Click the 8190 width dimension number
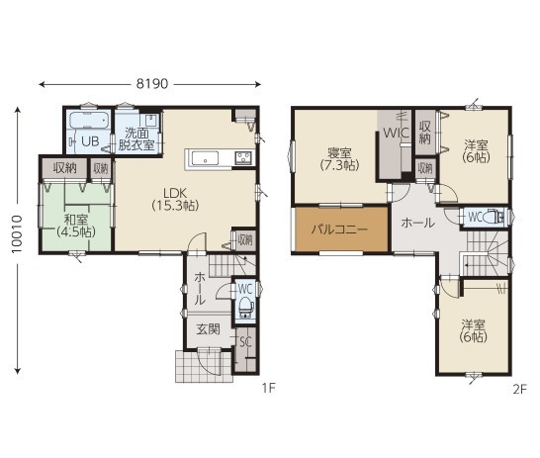click(x=152, y=84)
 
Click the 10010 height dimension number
click(x=17, y=234)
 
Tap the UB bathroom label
click(x=90, y=141)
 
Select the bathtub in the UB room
click(x=89, y=120)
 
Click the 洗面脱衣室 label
click(x=136, y=139)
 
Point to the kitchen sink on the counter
click(x=206, y=159)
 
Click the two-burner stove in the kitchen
click(x=243, y=158)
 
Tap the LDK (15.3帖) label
click(x=175, y=199)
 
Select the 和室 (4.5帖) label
click(x=76, y=226)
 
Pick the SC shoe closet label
click(x=245, y=342)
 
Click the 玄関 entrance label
click(x=208, y=329)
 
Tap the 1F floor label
click(x=269, y=389)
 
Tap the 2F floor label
click(x=519, y=389)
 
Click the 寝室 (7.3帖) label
click(x=339, y=159)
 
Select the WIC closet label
click(x=396, y=133)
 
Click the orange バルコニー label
click(x=339, y=229)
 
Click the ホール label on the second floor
click(x=417, y=224)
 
